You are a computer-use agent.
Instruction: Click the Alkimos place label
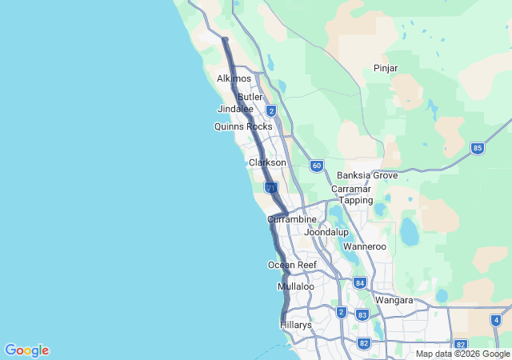[x=234, y=78]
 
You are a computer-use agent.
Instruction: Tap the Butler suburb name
[x=250, y=97]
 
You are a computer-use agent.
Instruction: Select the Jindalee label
[x=235, y=109]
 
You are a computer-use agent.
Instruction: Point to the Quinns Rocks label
[x=243, y=126]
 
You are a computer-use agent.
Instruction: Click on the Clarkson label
[x=267, y=162]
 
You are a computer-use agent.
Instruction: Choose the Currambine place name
[x=292, y=218]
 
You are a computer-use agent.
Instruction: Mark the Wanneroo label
[x=364, y=246]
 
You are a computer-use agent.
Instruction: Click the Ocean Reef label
[x=292, y=265]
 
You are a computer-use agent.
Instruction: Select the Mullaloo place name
[x=296, y=286]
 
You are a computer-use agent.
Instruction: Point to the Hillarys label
[x=296, y=325]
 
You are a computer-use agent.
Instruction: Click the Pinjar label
[x=386, y=68]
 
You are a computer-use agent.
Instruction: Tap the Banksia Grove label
[x=367, y=175]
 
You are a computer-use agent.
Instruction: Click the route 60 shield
[x=317, y=166]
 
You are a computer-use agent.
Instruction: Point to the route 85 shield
[x=478, y=148]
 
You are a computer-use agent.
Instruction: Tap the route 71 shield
[x=271, y=187]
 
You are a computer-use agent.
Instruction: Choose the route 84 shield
[x=359, y=282]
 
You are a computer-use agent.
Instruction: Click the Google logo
[x=26, y=350]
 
